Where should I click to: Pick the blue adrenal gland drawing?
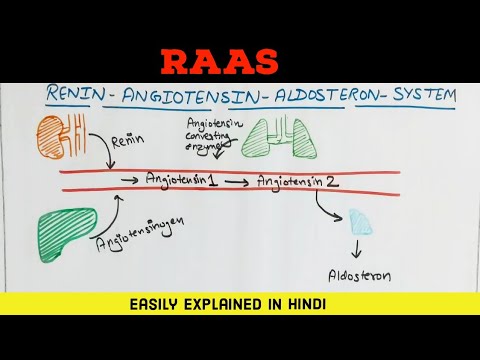click(x=359, y=223)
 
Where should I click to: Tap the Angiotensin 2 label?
click(x=297, y=181)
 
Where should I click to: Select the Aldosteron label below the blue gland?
click(x=360, y=272)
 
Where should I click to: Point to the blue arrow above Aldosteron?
click(x=358, y=249)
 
